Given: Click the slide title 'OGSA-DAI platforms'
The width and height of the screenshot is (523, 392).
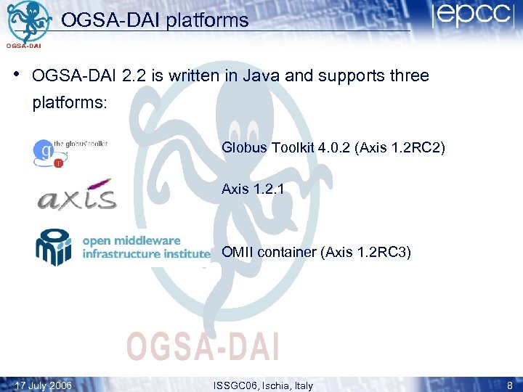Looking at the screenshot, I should pyautogui.click(x=155, y=20).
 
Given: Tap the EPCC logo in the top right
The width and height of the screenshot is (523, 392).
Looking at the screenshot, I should pyautogui.click(x=474, y=17).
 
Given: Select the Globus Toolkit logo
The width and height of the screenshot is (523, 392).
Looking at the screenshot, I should pyautogui.click(x=70, y=151).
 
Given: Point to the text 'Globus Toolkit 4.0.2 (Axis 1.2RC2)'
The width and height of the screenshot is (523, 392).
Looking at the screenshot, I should pyautogui.click(x=333, y=148).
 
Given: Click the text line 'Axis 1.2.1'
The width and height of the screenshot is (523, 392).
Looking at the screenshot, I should pyautogui.click(x=253, y=189).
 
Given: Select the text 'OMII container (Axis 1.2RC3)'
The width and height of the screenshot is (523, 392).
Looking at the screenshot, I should pyautogui.click(x=316, y=253).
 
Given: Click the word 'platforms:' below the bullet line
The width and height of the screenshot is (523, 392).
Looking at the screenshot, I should pyautogui.click(x=70, y=103).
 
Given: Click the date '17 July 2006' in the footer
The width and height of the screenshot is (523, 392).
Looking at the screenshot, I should pyautogui.click(x=44, y=385).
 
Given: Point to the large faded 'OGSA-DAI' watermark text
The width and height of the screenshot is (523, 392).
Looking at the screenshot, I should pyautogui.click(x=202, y=346).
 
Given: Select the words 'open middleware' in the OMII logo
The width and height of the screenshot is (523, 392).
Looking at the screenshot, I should pyautogui.click(x=131, y=241).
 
